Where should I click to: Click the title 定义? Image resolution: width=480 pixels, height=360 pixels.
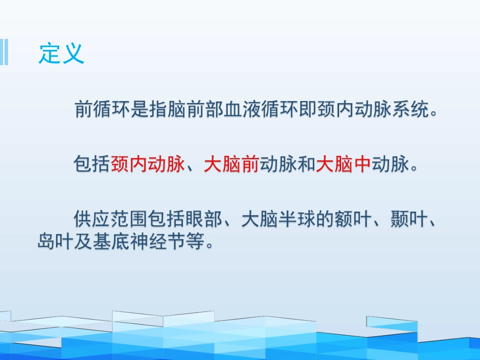click(61, 53)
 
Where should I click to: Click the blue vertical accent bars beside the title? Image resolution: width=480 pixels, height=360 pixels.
click(4, 52)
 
